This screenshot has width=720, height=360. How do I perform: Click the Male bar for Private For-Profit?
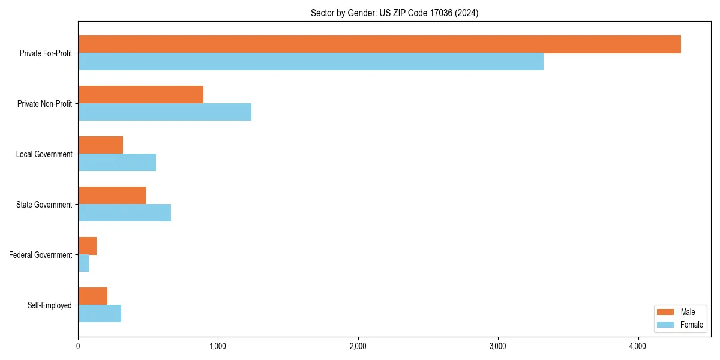point(379,44)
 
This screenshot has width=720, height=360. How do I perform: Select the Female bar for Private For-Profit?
point(311,62)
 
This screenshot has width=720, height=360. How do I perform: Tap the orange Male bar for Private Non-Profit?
point(140,95)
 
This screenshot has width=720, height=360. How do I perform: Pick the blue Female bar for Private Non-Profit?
point(164,112)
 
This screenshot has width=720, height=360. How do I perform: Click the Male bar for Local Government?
point(100,145)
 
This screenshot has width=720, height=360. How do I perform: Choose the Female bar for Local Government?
point(117,163)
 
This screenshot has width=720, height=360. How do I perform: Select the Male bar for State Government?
point(112,196)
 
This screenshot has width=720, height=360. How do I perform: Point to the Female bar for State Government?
point(124,213)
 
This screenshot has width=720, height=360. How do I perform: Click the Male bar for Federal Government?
point(88,246)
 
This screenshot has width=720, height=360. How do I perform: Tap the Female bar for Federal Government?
point(83,263)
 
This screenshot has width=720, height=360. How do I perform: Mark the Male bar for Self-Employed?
point(93,296)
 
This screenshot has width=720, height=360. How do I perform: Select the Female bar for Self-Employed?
point(100,314)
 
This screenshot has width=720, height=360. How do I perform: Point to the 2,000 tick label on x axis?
point(358,346)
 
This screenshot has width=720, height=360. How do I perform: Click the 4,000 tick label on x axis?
point(638,346)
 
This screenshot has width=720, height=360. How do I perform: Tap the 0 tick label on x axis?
point(78,346)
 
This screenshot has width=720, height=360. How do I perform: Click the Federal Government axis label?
point(41,255)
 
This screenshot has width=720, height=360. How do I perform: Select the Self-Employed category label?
point(50,305)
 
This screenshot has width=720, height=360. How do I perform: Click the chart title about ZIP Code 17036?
point(394,13)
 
